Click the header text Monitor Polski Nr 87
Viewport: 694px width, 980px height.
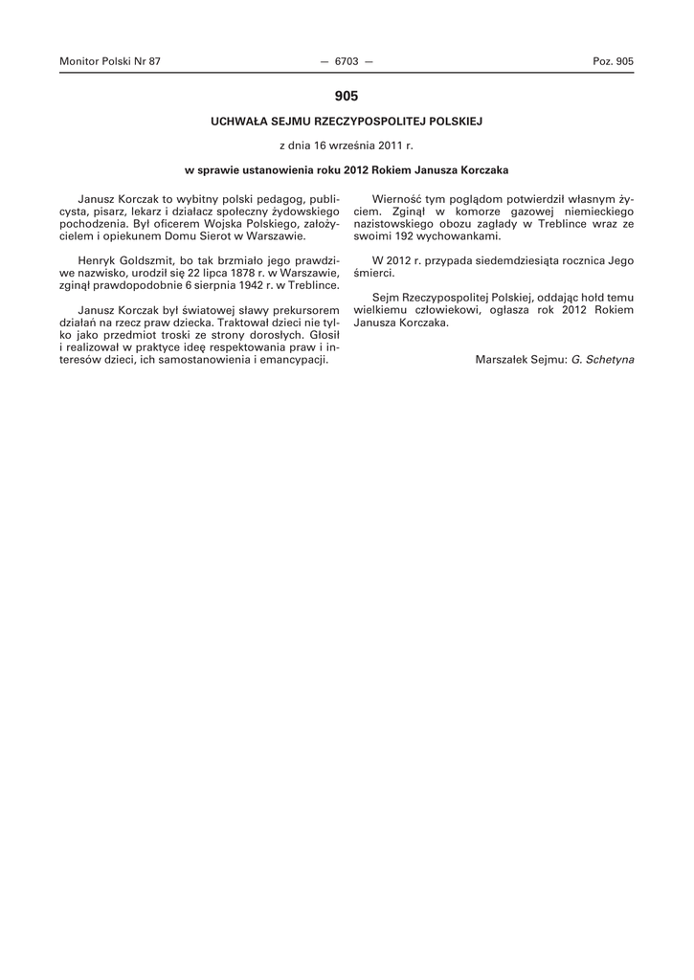click(x=110, y=61)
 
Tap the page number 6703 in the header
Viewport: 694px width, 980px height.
click(x=346, y=61)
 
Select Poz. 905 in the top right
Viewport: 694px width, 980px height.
click(x=613, y=61)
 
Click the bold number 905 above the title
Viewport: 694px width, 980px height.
click(x=347, y=96)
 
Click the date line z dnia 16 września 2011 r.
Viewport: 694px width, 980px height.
click(x=346, y=145)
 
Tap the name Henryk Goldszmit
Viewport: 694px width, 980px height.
click(x=121, y=260)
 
